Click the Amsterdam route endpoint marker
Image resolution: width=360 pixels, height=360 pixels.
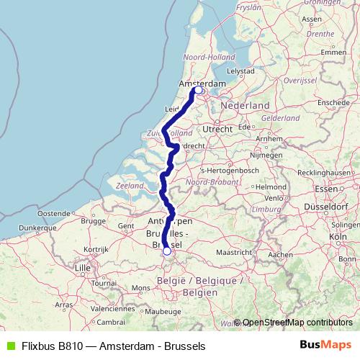tap(198, 90)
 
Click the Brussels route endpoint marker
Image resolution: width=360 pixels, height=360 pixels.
tap(167, 251)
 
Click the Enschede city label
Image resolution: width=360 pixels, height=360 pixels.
tap(331, 103)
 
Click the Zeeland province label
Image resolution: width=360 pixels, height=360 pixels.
tap(129, 186)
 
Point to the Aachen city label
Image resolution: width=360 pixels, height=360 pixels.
tap(279, 254)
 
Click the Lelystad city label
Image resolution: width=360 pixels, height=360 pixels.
tap(241, 71)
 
